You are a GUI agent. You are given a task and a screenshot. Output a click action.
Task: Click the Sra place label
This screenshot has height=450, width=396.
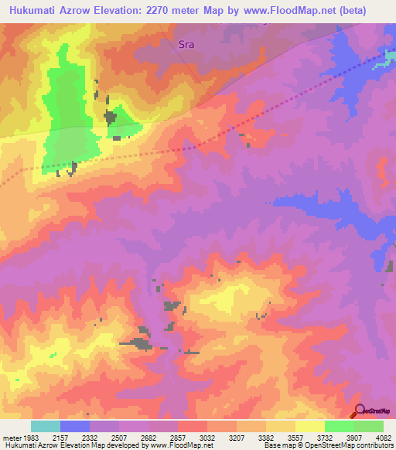(186, 44)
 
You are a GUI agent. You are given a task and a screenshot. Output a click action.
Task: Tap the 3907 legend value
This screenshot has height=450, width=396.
(353, 437)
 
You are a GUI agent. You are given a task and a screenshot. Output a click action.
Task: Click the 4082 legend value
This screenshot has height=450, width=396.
(383, 437)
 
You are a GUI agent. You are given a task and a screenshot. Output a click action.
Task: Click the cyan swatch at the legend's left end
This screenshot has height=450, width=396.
(46, 426)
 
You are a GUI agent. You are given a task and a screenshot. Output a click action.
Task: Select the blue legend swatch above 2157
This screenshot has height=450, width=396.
(75, 426)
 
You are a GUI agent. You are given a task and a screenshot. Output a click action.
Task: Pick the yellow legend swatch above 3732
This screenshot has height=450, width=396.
(310, 426)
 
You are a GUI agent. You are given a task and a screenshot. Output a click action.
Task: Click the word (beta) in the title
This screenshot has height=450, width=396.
(367, 9)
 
